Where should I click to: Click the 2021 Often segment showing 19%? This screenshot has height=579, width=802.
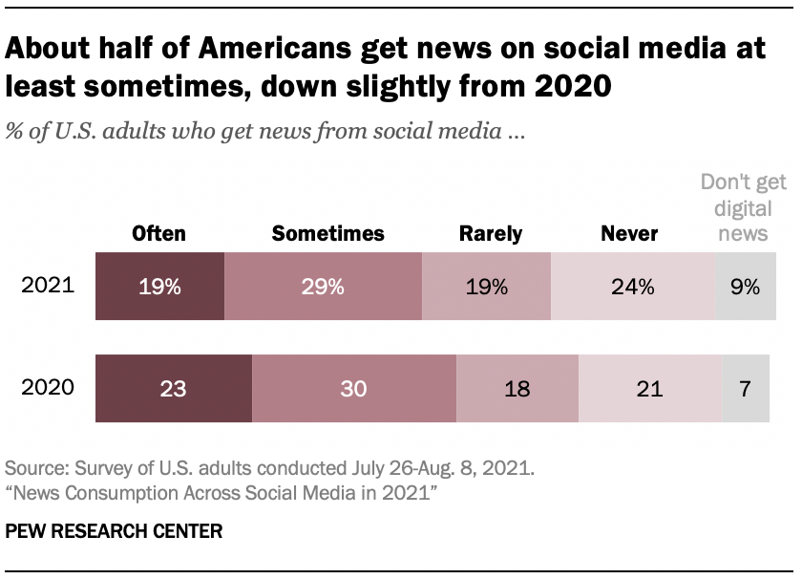(x=159, y=286)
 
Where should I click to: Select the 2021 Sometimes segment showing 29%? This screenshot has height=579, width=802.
(x=323, y=286)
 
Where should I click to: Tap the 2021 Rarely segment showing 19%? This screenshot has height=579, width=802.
(x=486, y=286)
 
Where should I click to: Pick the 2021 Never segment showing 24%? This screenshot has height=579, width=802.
(x=633, y=286)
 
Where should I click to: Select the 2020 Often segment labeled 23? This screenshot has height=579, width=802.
(x=174, y=388)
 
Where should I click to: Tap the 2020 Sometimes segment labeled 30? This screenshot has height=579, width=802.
(x=354, y=388)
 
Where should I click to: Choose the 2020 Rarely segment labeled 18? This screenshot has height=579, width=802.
(x=517, y=388)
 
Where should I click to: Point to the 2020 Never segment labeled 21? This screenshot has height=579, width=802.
(x=649, y=388)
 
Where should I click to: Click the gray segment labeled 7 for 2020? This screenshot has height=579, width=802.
(x=746, y=388)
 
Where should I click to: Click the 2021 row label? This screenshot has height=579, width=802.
(x=48, y=286)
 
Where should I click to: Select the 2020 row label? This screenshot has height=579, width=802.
(x=48, y=388)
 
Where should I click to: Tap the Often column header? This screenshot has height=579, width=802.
(x=159, y=233)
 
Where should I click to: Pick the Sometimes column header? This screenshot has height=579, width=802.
(x=327, y=233)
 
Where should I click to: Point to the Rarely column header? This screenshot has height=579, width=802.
(x=491, y=233)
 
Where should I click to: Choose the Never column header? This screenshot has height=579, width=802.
(x=629, y=233)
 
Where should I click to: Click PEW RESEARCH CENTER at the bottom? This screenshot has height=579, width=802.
(x=114, y=532)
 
